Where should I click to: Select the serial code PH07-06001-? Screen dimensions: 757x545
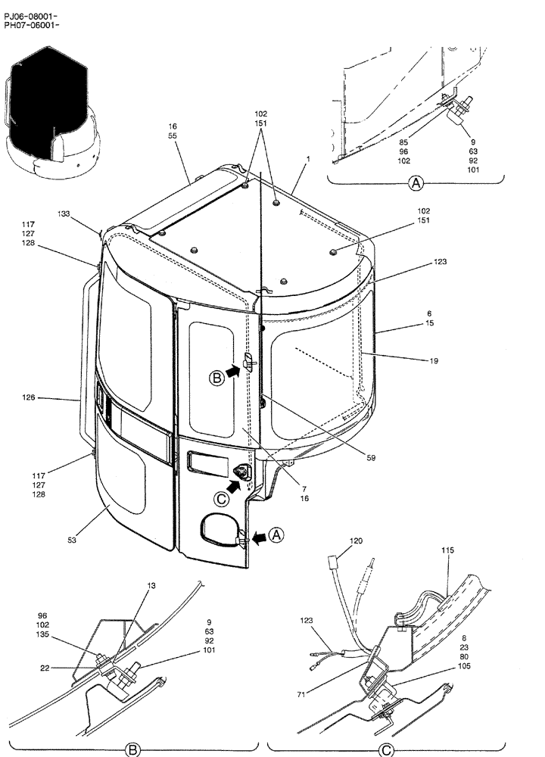pos(31,25)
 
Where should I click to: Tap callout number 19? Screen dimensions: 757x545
pos(433,362)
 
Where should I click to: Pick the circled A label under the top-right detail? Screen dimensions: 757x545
pos(415,182)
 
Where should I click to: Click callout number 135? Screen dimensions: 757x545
pos(42,636)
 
